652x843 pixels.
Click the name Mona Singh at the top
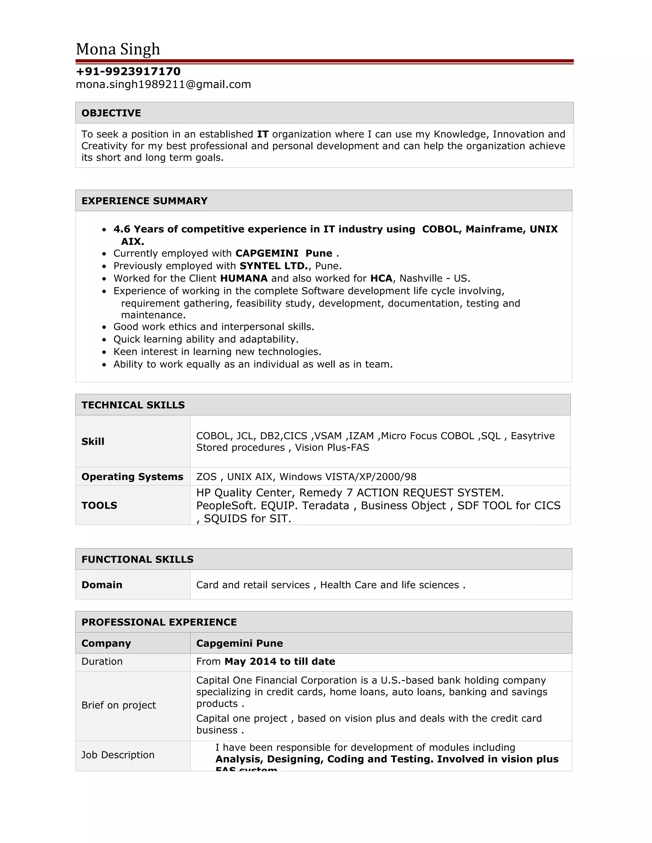(x=118, y=49)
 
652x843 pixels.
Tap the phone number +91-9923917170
(x=128, y=71)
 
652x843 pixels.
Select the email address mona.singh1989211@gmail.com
(x=163, y=85)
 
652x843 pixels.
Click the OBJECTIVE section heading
(x=111, y=113)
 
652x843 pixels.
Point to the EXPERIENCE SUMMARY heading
(x=145, y=201)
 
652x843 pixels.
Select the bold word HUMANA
(x=244, y=278)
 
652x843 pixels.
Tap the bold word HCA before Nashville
(x=381, y=278)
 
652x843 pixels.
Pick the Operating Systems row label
(x=132, y=477)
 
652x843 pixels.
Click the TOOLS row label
(x=99, y=505)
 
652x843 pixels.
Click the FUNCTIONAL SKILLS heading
(x=138, y=559)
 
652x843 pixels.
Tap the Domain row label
(x=102, y=585)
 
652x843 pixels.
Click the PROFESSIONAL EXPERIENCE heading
(x=159, y=622)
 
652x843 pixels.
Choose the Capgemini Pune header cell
(x=239, y=643)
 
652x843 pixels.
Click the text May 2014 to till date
(x=280, y=662)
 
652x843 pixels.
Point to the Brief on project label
(x=118, y=705)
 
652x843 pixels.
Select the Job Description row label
(x=118, y=755)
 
